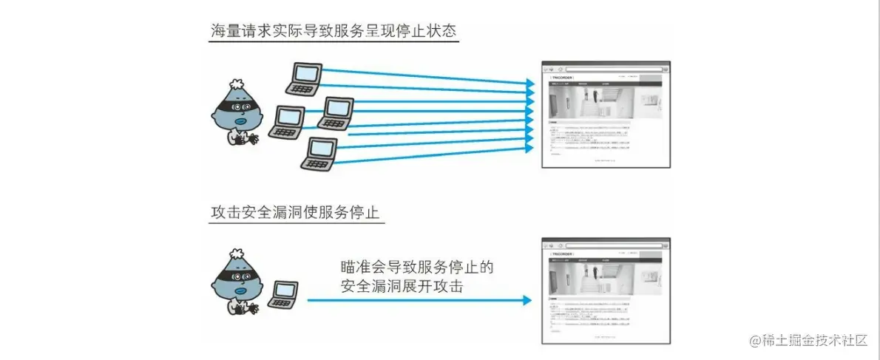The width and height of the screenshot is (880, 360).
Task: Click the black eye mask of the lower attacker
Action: tap(237, 277)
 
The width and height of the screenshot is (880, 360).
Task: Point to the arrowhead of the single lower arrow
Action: tap(526, 300)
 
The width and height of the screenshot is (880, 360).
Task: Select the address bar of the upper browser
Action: tap(614, 68)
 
